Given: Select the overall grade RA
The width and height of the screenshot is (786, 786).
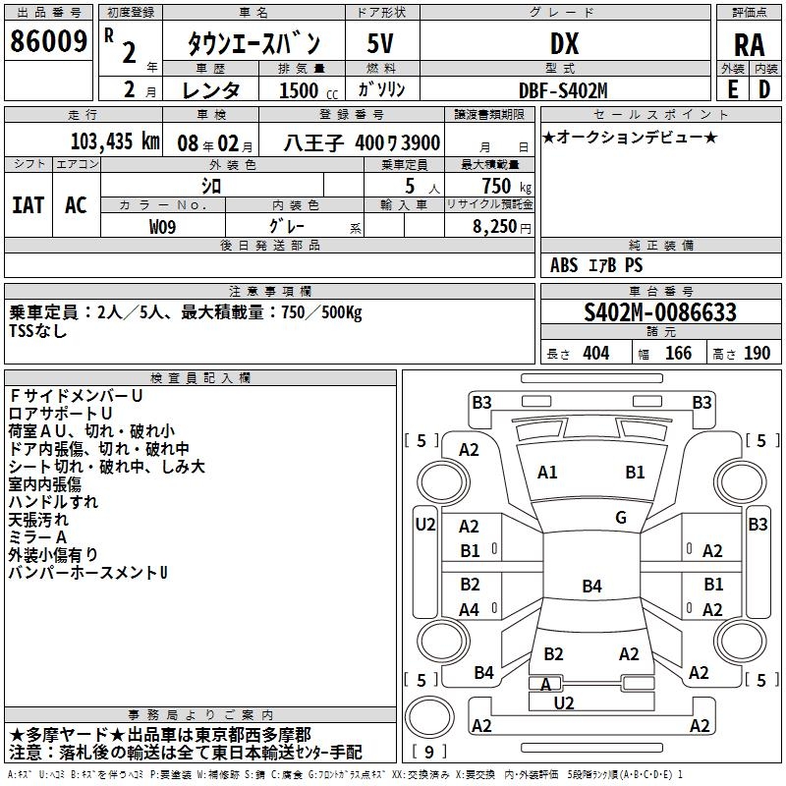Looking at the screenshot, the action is point(749,44).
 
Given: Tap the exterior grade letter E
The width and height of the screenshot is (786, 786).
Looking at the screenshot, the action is point(732,88).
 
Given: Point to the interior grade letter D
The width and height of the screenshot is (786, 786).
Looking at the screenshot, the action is point(764,88).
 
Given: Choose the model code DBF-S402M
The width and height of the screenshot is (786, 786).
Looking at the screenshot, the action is point(564,89).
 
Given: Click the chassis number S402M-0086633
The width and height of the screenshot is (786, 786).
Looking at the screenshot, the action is point(660,312).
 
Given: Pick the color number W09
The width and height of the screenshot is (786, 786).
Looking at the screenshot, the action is point(163,225).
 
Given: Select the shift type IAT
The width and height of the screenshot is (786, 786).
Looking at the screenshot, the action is point(28,204).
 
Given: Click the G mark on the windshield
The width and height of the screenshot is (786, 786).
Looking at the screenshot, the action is point(620,518).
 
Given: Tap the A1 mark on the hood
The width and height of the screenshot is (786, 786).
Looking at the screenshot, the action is point(547,473).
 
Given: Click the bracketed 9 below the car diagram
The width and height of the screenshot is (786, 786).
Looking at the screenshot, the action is point(429,753).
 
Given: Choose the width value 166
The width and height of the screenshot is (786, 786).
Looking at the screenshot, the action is point(678,353).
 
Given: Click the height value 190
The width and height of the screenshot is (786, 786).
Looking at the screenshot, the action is point(758,353).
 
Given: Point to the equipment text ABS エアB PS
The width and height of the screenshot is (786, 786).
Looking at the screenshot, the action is point(595,265).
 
